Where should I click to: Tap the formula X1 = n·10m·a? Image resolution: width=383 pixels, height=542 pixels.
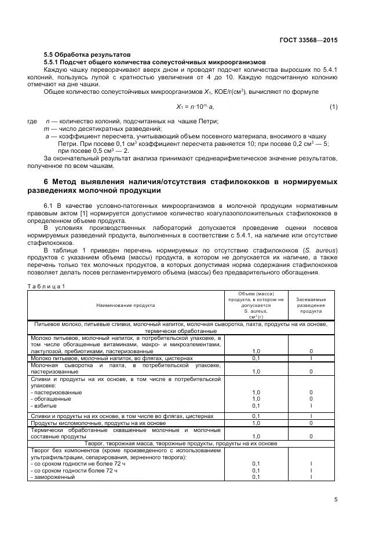(195, 107)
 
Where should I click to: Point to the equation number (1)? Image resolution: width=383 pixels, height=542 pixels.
(333, 107)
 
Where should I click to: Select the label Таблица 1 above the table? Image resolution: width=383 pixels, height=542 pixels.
(47, 286)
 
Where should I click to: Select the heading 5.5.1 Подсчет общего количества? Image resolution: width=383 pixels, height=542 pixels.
(155, 61)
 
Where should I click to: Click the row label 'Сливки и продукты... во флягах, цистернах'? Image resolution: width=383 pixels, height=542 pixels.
(122, 416)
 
